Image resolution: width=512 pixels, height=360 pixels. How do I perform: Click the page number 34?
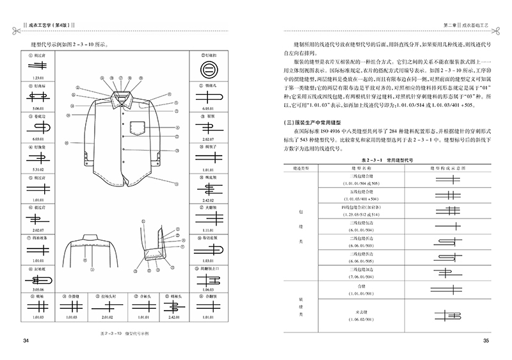26,340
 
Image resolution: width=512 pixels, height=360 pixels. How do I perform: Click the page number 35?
486,340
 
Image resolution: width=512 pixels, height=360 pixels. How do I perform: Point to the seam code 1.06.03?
207,290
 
